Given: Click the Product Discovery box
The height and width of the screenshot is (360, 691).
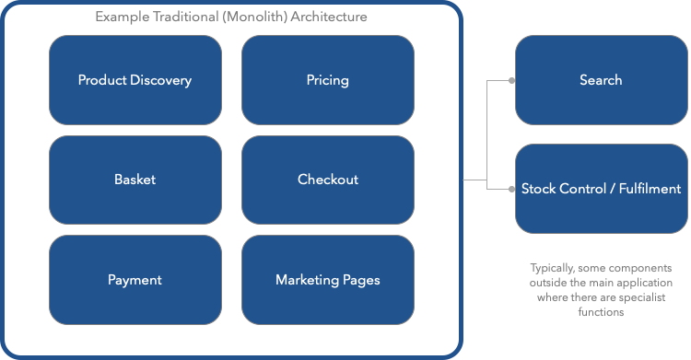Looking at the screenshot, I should [135, 80].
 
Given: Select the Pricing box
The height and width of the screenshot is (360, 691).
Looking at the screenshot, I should [327, 80].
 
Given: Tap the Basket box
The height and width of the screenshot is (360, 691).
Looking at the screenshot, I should [135, 180].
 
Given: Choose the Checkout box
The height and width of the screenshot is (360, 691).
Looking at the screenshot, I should [327, 180].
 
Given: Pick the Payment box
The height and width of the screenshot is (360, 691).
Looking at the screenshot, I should [135, 280].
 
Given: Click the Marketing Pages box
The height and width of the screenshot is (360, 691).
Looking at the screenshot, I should [327, 280].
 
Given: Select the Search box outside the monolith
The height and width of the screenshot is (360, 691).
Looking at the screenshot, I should [601, 80].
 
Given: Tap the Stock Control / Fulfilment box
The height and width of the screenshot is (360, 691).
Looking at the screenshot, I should [601, 189].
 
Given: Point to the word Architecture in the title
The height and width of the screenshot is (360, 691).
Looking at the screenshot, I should [328, 18].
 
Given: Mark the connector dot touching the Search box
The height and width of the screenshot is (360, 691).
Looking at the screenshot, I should [512, 80].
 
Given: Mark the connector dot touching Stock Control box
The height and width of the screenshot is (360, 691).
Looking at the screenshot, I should [512, 189].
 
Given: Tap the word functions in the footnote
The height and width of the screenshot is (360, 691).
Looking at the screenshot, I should [601, 312].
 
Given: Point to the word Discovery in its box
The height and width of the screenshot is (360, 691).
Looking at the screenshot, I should [160, 80].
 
